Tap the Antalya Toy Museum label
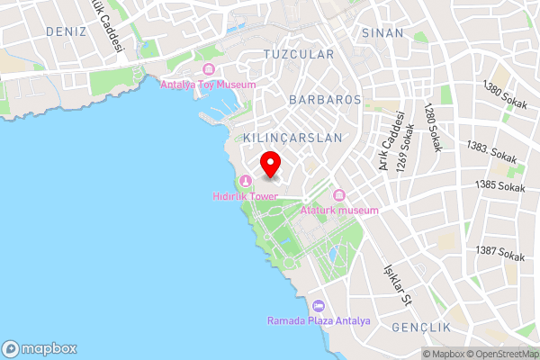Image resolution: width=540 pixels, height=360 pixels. (x=208, y=85)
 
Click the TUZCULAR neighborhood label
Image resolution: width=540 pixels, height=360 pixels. (x=298, y=54)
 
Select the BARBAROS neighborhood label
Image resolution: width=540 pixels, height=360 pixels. (x=325, y=99)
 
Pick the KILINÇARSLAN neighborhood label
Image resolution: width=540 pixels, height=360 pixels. (x=292, y=138)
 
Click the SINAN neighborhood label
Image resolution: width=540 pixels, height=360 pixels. (x=382, y=32)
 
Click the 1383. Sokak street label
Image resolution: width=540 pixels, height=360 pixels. (x=491, y=151)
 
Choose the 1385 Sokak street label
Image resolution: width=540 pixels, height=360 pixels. (x=500, y=186)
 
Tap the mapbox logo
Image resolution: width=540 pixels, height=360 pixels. (x=40, y=348)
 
